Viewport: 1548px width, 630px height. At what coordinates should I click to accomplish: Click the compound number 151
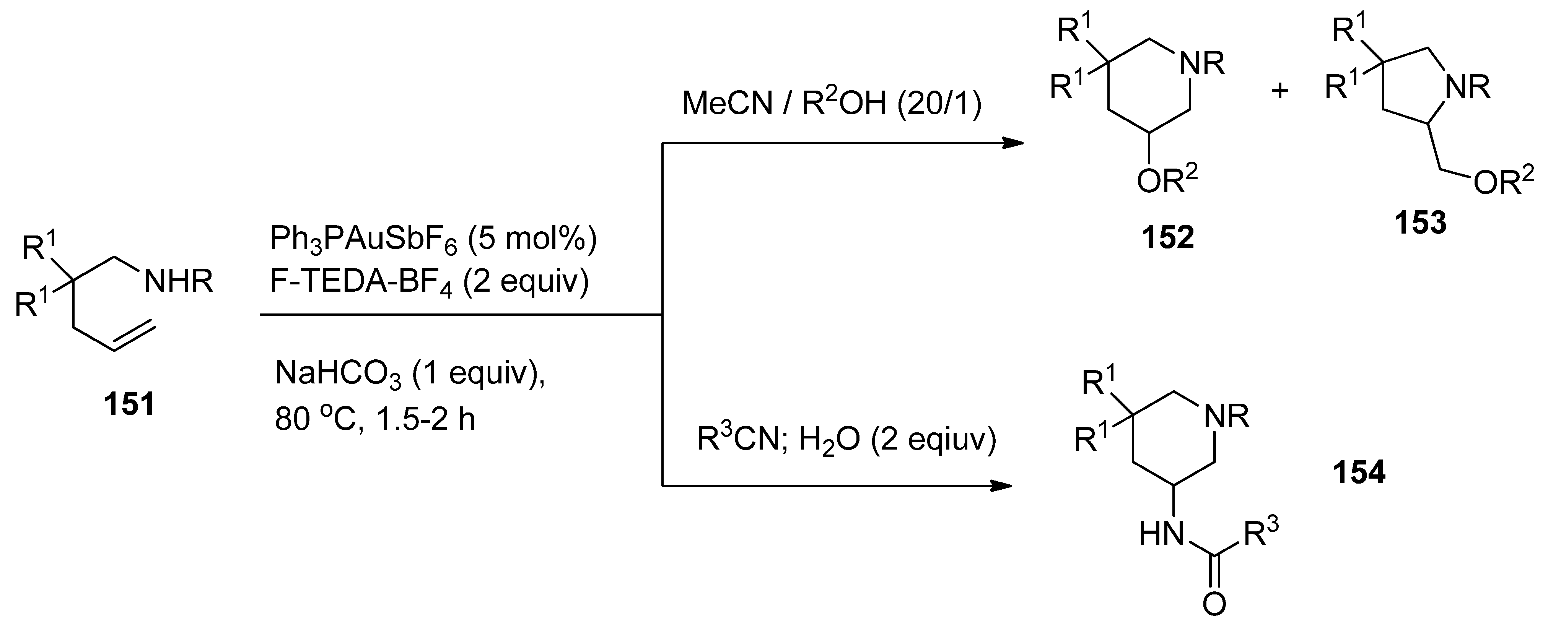(130, 404)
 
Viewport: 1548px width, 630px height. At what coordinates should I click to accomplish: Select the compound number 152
(1168, 238)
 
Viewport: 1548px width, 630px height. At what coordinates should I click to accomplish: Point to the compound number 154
(1359, 472)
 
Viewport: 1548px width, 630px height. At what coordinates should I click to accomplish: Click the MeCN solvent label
(726, 104)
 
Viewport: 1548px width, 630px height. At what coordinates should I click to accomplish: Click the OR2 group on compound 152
(1166, 183)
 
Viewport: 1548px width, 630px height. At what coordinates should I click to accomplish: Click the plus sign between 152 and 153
(1281, 91)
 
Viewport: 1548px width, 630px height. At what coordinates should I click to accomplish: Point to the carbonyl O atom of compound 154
(1214, 604)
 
